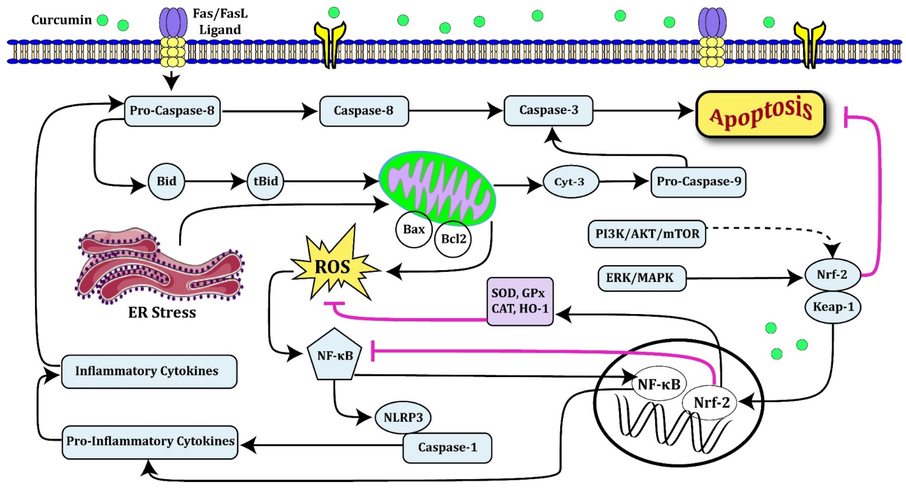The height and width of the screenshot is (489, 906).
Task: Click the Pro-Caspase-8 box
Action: [x=172, y=111]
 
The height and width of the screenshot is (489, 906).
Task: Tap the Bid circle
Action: [x=166, y=181]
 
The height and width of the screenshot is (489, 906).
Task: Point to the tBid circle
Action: [x=266, y=181]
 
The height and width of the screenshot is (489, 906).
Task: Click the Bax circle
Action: [x=414, y=230]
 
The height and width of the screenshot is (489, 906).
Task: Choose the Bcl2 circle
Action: [x=453, y=239]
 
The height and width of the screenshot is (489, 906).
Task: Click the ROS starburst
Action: [x=333, y=267]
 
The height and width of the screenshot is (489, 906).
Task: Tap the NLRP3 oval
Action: [x=403, y=417]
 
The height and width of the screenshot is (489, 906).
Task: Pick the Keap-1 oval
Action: [x=833, y=307]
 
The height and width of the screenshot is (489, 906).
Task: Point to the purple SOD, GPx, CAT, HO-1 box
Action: [x=520, y=301]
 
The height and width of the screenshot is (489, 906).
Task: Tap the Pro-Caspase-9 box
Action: [x=698, y=182]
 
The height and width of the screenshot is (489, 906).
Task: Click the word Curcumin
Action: [x=62, y=20]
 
